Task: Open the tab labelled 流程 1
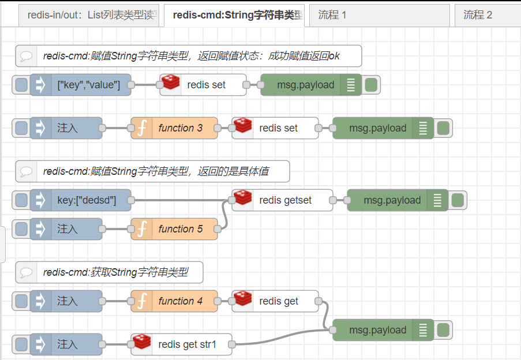pos(378,15)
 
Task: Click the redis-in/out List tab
pos(89,15)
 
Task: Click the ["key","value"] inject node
pos(88,85)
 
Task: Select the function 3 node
pos(180,128)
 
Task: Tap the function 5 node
pos(180,229)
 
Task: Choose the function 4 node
pos(180,301)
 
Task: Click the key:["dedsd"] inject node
pos(87,200)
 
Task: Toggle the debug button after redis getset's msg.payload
pos(458,200)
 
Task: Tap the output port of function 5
pos(218,229)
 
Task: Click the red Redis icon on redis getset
pos(243,199)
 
